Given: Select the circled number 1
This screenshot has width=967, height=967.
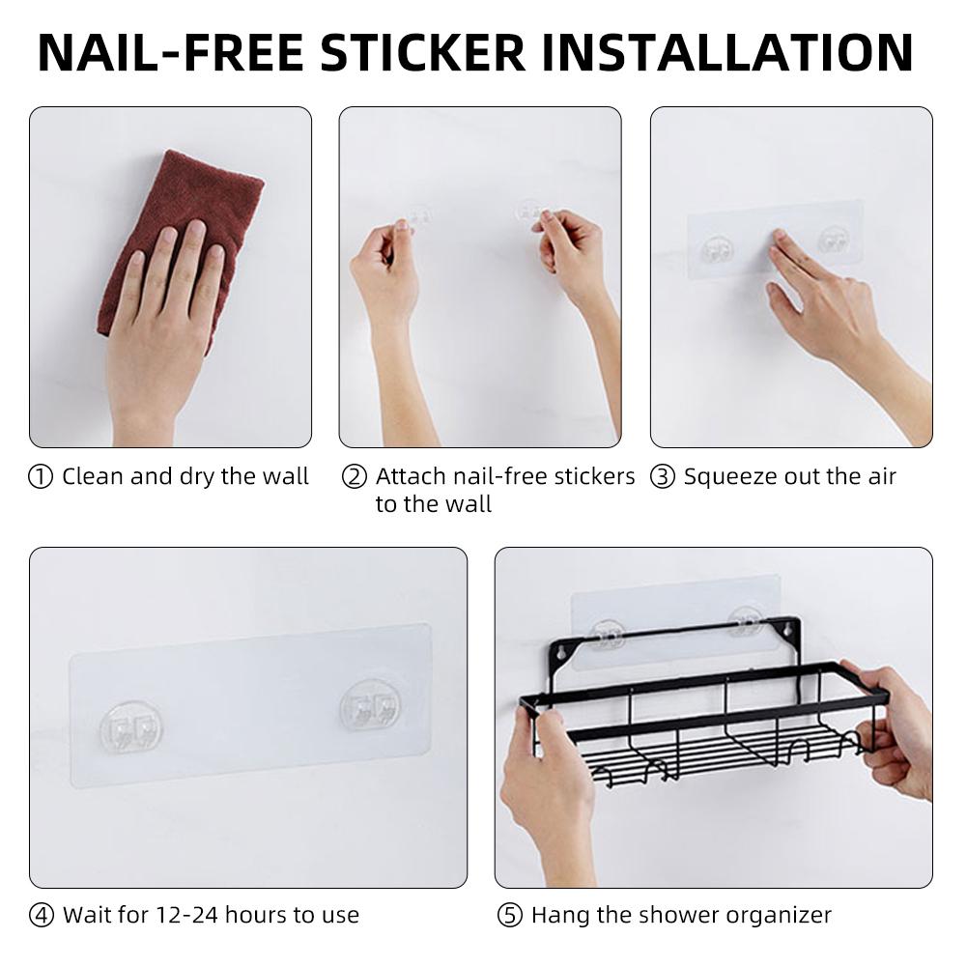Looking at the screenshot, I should (x=42, y=477).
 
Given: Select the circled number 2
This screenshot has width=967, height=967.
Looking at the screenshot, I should (x=356, y=477).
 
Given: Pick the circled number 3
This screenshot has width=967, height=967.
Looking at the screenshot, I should (x=663, y=477).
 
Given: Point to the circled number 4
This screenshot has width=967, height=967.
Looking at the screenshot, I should (x=42, y=915).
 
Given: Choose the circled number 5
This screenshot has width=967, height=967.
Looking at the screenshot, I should (x=510, y=915).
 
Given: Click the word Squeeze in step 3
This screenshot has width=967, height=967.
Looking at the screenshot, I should (x=725, y=477).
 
